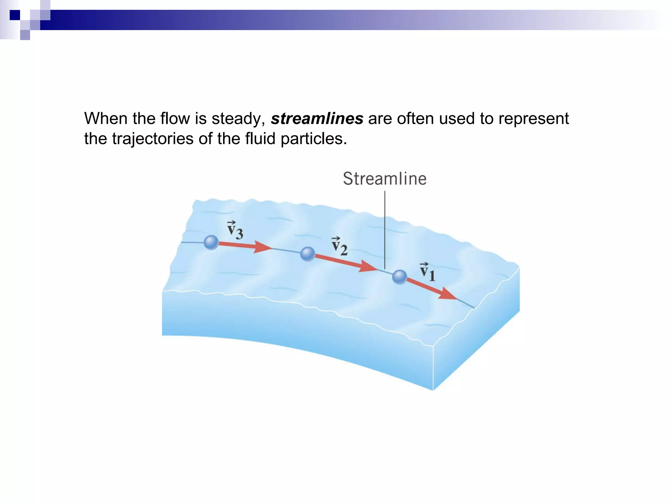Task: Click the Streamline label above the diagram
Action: [385, 179]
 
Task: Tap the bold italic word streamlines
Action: [317, 119]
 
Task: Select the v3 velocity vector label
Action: [235, 230]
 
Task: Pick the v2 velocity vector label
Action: [339, 246]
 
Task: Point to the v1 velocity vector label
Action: [428, 272]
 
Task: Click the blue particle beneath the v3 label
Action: [211, 242]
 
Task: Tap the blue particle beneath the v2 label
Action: [307, 254]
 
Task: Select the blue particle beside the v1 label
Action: [399, 277]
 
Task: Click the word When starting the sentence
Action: [106, 119]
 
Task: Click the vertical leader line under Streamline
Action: [385, 229]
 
